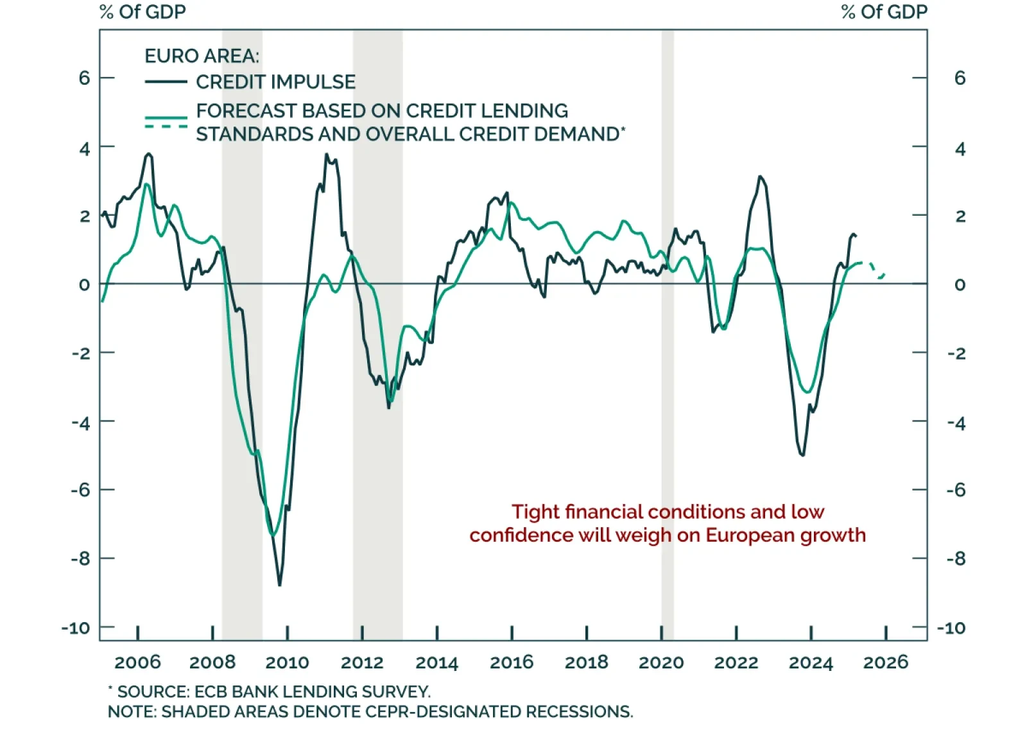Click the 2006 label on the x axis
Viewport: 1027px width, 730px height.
click(x=137, y=663)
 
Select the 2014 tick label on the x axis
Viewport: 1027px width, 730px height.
click(x=436, y=663)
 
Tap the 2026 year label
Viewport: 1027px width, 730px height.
click(x=886, y=663)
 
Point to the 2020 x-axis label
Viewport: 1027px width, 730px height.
click(x=661, y=663)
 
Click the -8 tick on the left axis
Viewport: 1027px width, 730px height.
click(x=80, y=559)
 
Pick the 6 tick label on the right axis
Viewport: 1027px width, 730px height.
click(x=960, y=78)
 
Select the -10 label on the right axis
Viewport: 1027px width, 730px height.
click(x=951, y=628)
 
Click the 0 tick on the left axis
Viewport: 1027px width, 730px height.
click(x=84, y=284)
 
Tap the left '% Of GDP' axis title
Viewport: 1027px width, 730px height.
click(x=142, y=12)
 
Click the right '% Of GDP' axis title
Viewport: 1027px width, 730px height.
click(x=884, y=12)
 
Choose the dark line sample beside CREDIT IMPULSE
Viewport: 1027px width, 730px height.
click(x=166, y=82)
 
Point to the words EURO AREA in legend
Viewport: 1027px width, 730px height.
click(x=202, y=56)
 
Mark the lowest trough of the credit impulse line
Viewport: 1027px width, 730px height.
click(x=279, y=584)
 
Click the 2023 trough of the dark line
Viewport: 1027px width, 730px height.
click(x=802, y=455)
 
